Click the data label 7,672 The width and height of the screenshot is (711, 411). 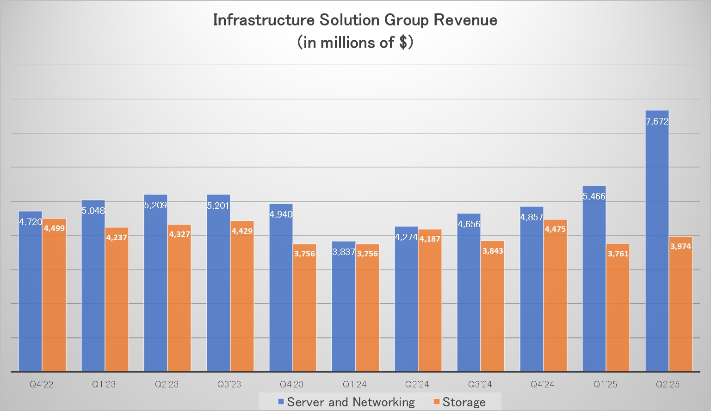click(x=657, y=122)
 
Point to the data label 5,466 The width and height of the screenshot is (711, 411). click(x=594, y=196)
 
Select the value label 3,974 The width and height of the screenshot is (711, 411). click(x=680, y=246)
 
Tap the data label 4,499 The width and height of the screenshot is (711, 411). click(x=54, y=228)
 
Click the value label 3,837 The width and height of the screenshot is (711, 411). click(x=344, y=252)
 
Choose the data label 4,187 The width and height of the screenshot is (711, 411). click(x=430, y=239)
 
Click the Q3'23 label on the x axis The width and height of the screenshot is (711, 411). click(x=229, y=384)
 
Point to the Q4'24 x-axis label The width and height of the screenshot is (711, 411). click(x=542, y=384)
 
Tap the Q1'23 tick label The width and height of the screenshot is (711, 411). click(x=104, y=384)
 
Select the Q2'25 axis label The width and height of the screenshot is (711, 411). click(x=668, y=384)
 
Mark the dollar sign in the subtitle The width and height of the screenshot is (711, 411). click(x=403, y=43)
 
